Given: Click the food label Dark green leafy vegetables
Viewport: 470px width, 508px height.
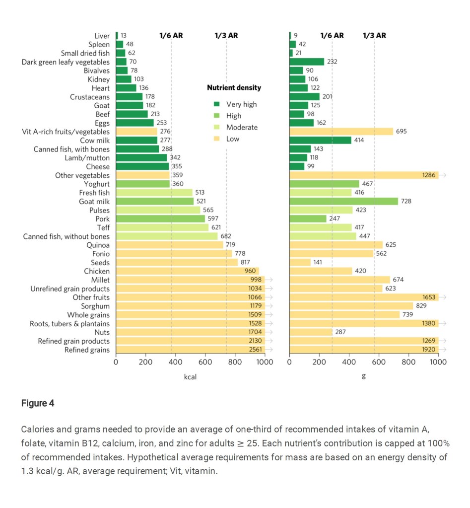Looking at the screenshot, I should (x=66, y=62).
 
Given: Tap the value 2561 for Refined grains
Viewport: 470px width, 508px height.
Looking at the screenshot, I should (x=255, y=350).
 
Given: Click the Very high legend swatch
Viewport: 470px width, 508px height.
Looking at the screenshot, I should (x=216, y=104).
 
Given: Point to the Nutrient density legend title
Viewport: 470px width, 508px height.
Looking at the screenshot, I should (x=234, y=88).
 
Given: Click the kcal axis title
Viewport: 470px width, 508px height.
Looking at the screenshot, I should (x=191, y=377).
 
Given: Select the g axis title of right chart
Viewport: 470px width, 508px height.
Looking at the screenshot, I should (x=364, y=376).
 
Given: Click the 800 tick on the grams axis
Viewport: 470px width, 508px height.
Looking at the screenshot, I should (x=408, y=362).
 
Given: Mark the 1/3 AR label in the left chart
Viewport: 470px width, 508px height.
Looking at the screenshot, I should (x=226, y=36).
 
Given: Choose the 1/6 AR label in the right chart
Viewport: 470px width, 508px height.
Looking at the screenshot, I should (x=332, y=36).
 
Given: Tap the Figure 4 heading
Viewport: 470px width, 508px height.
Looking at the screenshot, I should (x=38, y=403).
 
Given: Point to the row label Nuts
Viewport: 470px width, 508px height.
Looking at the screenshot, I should (x=102, y=333).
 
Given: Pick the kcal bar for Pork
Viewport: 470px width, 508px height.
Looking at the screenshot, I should (x=160, y=219).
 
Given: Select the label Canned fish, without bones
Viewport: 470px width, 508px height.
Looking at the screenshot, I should (x=67, y=236).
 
